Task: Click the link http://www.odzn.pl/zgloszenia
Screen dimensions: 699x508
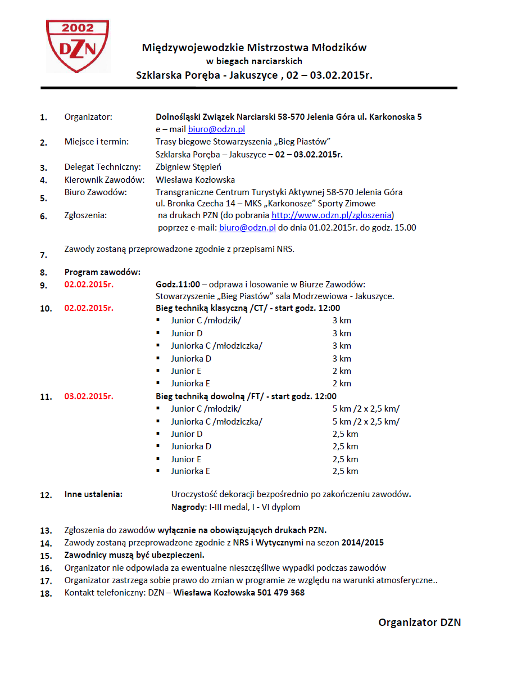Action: pyautogui.click(x=332, y=215)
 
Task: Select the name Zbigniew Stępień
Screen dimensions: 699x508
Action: pyautogui.click(x=188, y=167)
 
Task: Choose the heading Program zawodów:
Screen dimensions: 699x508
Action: pyautogui.click(x=102, y=272)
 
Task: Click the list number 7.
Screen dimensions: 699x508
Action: pyautogui.click(x=43, y=255)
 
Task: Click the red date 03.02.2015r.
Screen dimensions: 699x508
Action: pyautogui.click(x=89, y=396)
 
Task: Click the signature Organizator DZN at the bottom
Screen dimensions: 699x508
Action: pyautogui.click(x=419, y=623)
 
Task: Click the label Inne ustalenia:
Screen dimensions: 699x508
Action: pyautogui.click(x=94, y=495)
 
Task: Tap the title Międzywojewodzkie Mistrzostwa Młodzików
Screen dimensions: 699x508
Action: pyautogui.click(x=254, y=48)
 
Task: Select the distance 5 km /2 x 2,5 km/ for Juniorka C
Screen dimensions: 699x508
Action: pyautogui.click(x=366, y=422)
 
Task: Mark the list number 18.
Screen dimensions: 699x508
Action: pyautogui.click(x=46, y=593)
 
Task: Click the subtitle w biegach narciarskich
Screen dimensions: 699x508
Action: pyautogui.click(x=255, y=61)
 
